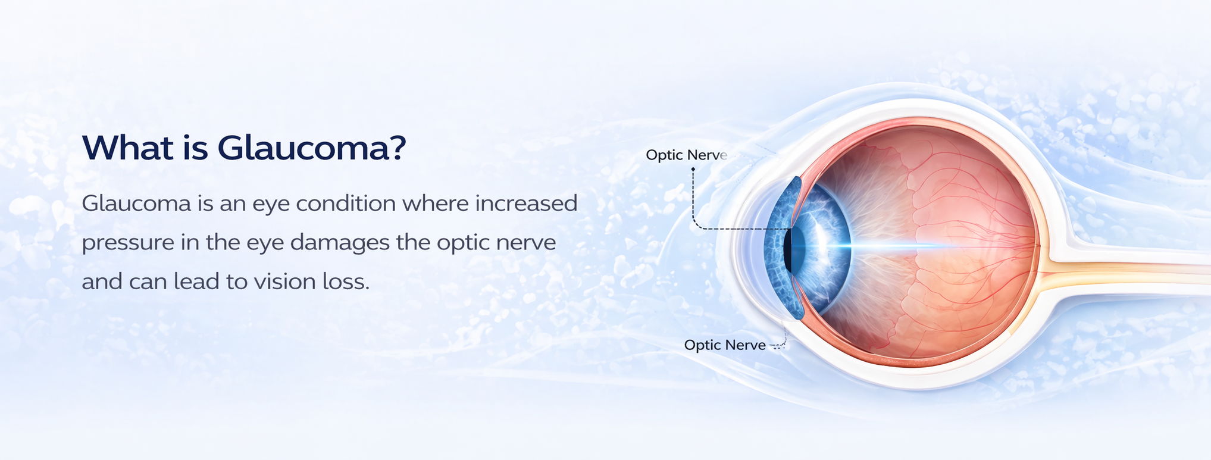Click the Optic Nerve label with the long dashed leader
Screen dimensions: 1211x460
(687, 155)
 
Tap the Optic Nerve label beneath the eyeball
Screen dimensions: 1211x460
(725, 345)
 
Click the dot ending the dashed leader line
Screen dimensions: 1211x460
(693, 170)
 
